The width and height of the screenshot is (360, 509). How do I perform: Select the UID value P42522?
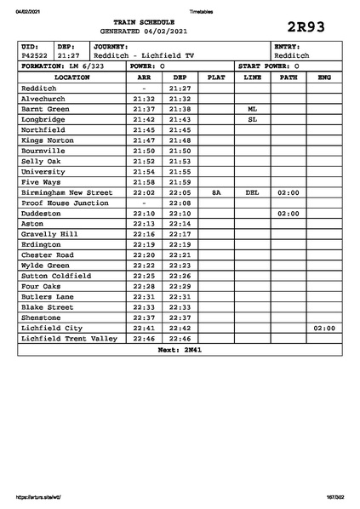(x=35, y=55)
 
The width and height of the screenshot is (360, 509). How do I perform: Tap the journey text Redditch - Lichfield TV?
(x=144, y=55)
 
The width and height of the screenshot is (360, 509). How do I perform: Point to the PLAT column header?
(x=216, y=77)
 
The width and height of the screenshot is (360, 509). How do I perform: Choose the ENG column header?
(x=323, y=77)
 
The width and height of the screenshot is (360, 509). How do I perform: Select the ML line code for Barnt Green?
(x=252, y=109)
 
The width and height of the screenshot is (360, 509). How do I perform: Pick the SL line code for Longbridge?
(x=252, y=120)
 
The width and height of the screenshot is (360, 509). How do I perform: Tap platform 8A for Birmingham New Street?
(x=216, y=192)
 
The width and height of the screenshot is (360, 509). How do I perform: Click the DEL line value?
(x=252, y=192)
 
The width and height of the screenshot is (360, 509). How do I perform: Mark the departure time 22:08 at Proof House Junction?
(x=180, y=203)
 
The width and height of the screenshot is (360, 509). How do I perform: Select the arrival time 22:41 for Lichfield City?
(x=144, y=328)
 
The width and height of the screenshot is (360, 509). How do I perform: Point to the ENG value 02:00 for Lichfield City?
(x=323, y=328)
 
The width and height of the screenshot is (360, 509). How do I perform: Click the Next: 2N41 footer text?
(x=180, y=349)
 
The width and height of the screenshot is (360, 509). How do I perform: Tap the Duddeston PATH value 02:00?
(x=288, y=214)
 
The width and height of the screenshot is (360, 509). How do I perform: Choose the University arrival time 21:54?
(x=144, y=171)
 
